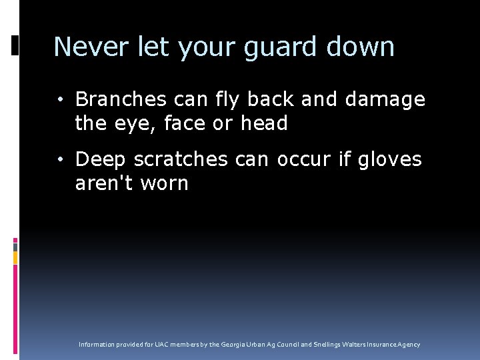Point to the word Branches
point(121,99)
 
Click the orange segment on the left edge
point(15,257)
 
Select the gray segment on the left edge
point(15,247)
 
